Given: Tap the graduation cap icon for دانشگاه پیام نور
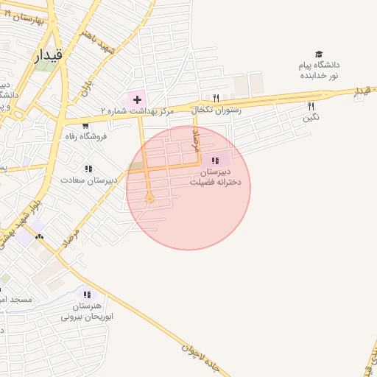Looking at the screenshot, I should [x=319, y=54].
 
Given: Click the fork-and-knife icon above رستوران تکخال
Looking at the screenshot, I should [x=216, y=97].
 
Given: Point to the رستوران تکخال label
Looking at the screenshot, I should [x=214, y=110].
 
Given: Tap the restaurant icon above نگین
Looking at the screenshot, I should [x=311, y=106].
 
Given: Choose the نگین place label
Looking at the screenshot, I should [x=311, y=117].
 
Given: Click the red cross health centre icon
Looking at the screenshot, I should [x=137, y=98].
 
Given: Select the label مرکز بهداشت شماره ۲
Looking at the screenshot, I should [x=138, y=110].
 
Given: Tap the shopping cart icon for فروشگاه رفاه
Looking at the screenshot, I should [x=86, y=125].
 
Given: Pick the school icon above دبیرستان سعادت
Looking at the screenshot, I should [x=88, y=169].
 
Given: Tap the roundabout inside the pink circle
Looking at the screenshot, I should [x=149, y=197].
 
